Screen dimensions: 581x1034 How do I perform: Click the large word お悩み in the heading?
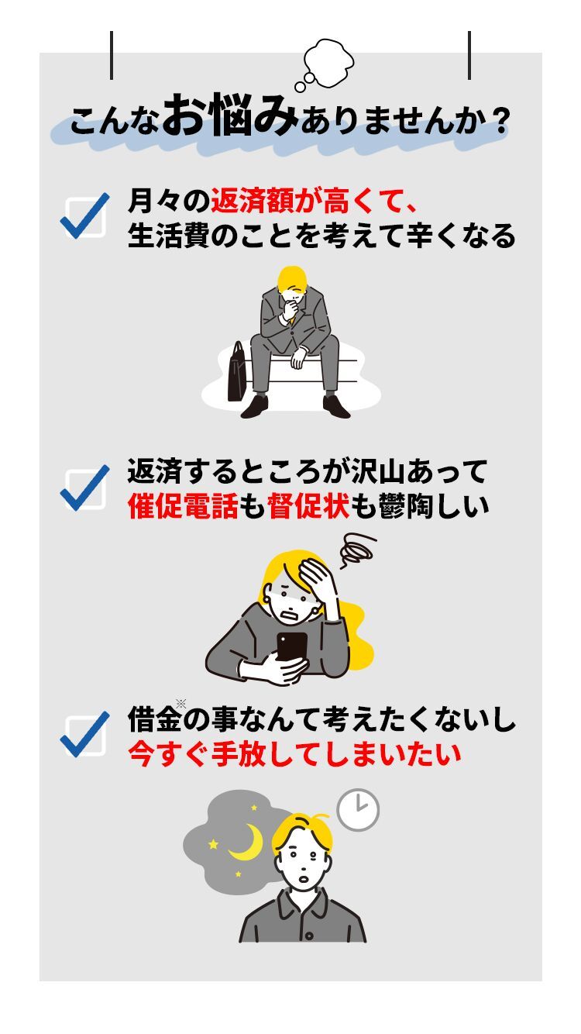pos(230,115)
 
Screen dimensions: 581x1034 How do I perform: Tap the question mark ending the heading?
pos(499,122)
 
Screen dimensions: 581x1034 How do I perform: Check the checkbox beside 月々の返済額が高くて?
pos(85,216)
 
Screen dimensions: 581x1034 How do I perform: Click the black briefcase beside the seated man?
pos(237,371)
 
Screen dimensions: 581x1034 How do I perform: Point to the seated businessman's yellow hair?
pos(291,279)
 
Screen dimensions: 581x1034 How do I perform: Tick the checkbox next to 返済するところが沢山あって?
pos(85,488)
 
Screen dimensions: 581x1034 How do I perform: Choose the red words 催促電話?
pos(183,506)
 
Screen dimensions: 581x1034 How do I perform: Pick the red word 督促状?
pos(308,506)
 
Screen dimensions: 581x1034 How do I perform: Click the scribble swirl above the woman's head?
pos(356,550)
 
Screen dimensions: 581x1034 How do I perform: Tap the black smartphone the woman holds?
pos(291,646)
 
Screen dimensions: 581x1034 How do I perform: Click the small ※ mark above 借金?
pos(181,704)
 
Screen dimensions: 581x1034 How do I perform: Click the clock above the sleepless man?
pos(358,811)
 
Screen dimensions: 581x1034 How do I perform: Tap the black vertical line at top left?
pos(112,55)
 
